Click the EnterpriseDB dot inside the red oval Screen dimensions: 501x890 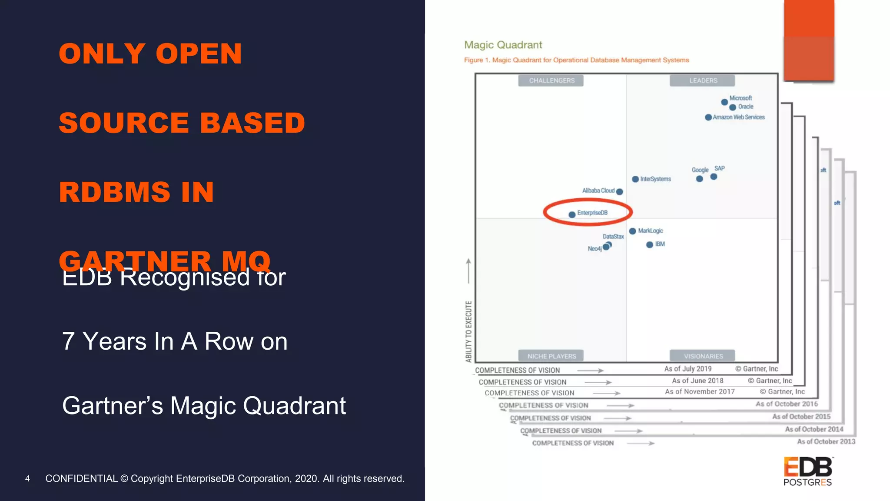pyautogui.click(x=572, y=214)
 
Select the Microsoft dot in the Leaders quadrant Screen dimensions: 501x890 pyautogui.click(x=724, y=102)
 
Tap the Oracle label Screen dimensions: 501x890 pyautogui.click(x=746, y=107)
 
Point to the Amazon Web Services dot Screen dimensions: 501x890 pyautogui.click(x=708, y=117)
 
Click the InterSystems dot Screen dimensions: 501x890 pyautogui.click(x=635, y=179)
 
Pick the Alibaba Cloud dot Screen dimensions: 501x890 pyautogui.click(x=620, y=192)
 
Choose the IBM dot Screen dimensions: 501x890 pyautogui.click(x=650, y=245)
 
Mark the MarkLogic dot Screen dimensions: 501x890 pyautogui.click(x=633, y=231)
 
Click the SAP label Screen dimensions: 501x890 pyautogui.click(x=720, y=168)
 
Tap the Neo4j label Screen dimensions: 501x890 pyautogui.click(x=594, y=249)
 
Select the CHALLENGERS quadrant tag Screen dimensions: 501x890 pyautogui.click(x=551, y=80)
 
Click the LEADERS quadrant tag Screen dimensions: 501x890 pyautogui.click(x=703, y=80)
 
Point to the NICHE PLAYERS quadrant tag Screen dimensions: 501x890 pyautogui.click(x=551, y=356)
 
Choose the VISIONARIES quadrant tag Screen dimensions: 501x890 pyautogui.click(x=703, y=356)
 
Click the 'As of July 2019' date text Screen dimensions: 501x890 pyautogui.click(x=688, y=369)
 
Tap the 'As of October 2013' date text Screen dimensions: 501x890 pyautogui.click(x=826, y=441)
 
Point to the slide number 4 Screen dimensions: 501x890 pyautogui.click(x=27, y=479)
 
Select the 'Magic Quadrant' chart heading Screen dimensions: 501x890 pyautogui.click(x=503, y=45)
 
